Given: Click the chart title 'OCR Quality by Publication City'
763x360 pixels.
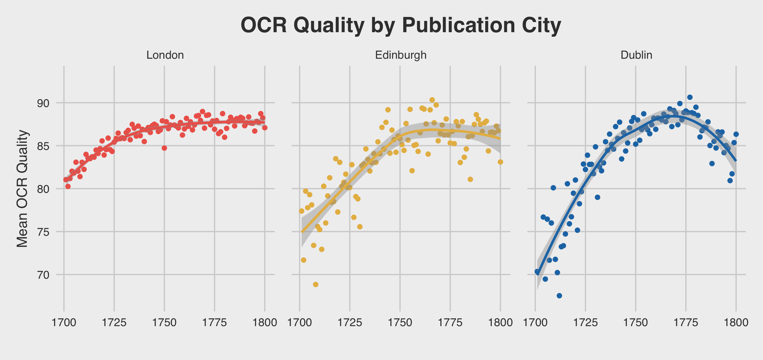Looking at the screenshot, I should pyautogui.click(x=400, y=25).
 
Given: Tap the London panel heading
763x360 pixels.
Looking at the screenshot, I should pyautogui.click(x=165, y=55).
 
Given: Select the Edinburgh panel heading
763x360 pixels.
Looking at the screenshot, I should pyautogui.click(x=400, y=55).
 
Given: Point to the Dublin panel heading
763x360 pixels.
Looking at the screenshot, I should pyautogui.click(x=636, y=55).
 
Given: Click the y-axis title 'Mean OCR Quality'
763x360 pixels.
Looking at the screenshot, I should pyautogui.click(x=22, y=189).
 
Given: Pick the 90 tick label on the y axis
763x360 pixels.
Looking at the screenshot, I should pyautogui.click(x=43, y=103).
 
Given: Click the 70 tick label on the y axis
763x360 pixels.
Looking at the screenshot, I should pyautogui.click(x=43, y=275).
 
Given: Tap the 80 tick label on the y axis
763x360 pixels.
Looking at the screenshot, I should pyautogui.click(x=43, y=189).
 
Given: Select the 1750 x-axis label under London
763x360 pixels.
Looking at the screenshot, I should pyautogui.click(x=164, y=322).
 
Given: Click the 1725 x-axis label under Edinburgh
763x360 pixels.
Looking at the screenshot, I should pyautogui.click(x=350, y=322).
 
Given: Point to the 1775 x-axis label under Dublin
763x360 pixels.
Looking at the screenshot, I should pyautogui.click(x=686, y=322).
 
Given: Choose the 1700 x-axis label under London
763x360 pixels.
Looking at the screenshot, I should pyautogui.click(x=64, y=322).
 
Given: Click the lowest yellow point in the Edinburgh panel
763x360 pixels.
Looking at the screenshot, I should pyautogui.click(x=316, y=285).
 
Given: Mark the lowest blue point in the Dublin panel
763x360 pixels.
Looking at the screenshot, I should pyautogui.click(x=559, y=296).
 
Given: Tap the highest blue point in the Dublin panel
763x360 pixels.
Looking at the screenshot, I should pyautogui.click(x=690, y=97).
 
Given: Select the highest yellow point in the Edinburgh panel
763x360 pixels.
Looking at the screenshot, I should pyautogui.click(x=432, y=100).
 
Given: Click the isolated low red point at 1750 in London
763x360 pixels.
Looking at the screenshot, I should pyautogui.click(x=164, y=148).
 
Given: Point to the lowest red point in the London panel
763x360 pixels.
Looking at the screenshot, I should pyautogui.click(x=68, y=186).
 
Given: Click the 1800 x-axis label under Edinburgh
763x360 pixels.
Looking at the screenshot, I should pyautogui.click(x=500, y=322).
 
